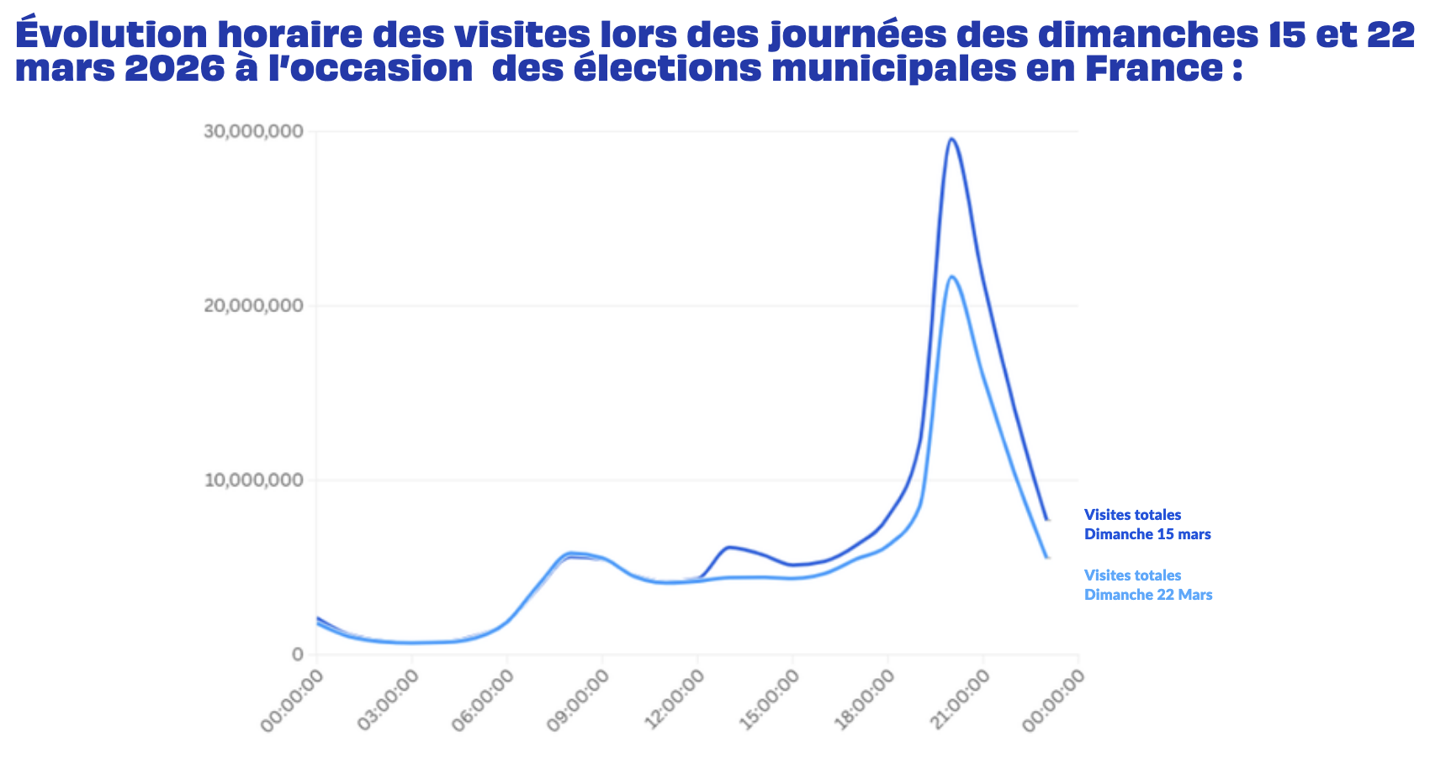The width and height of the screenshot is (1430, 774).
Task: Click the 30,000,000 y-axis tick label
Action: tap(253, 132)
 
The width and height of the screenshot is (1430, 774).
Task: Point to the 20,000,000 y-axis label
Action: tap(253, 306)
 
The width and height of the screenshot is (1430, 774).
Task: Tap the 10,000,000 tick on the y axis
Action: tap(253, 480)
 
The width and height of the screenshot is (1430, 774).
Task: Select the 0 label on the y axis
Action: tap(298, 655)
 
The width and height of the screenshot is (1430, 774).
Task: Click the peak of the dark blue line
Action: tap(951, 139)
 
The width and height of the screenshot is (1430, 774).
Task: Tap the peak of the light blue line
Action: tap(951, 276)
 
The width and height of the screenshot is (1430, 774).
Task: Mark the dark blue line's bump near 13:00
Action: tap(728, 547)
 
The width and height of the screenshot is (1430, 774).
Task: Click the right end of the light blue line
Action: tap(1047, 557)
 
